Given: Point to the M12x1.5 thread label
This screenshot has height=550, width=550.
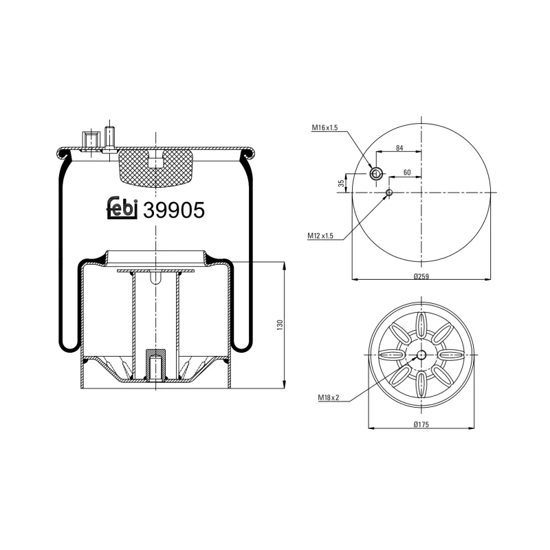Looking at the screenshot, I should [320, 236].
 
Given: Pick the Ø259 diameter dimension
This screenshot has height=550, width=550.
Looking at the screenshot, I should [421, 276].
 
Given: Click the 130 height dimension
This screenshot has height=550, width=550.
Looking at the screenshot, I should [280, 324].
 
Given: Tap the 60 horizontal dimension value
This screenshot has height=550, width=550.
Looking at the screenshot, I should [407, 173].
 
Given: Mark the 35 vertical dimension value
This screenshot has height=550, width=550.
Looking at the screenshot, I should [341, 183].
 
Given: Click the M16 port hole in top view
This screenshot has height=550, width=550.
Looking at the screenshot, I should [376, 174].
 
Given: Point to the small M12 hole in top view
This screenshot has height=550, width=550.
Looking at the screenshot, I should [389, 192].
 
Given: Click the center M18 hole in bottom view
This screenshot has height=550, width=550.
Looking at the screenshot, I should [421, 355].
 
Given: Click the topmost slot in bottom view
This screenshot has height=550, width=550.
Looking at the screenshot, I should [421, 323].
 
